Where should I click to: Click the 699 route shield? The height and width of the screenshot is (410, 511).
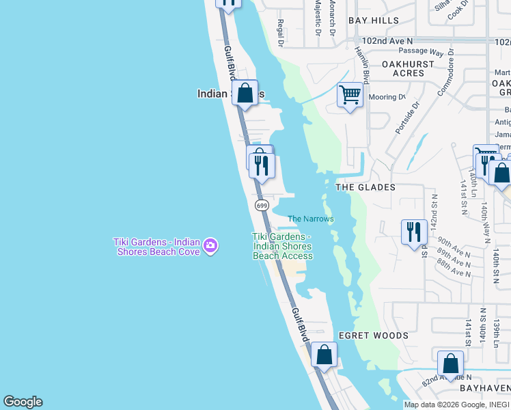click(x=261, y=205)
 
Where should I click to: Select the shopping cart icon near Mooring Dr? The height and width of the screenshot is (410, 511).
click(x=350, y=95)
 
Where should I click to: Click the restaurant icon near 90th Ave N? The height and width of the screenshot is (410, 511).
click(x=414, y=232)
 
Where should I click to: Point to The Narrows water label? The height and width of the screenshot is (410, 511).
click(x=310, y=219)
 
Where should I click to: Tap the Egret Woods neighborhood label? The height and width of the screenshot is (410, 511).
click(x=374, y=336)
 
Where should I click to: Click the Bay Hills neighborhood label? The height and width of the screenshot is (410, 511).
click(x=374, y=20)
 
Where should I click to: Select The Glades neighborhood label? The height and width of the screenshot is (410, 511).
click(x=365, y=187)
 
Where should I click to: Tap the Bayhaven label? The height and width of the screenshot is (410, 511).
click(x=485, y=387)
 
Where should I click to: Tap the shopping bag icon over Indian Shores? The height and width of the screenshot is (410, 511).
click(x=245, y=93)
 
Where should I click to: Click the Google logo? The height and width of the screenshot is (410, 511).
click(x=23, y=402)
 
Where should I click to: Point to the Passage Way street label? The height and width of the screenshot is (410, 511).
click(x=422, y=52)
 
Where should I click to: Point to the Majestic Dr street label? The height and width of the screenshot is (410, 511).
click(x=318, y=17)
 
